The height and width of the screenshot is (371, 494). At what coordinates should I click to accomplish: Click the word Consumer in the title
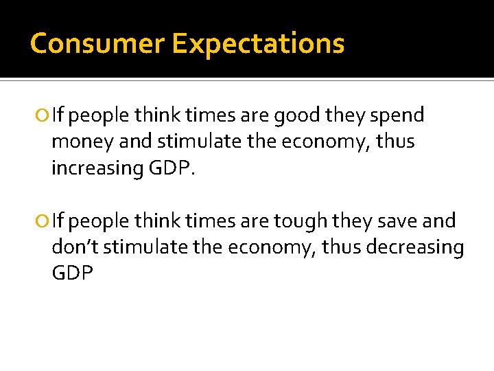(97, 43)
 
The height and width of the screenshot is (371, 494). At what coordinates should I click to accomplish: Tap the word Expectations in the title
(258, 43)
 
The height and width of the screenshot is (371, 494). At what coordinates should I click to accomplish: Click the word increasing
(96, 168)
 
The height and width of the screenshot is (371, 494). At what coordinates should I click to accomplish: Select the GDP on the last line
(72, 273)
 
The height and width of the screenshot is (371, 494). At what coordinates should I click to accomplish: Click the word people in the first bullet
(100, 116)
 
